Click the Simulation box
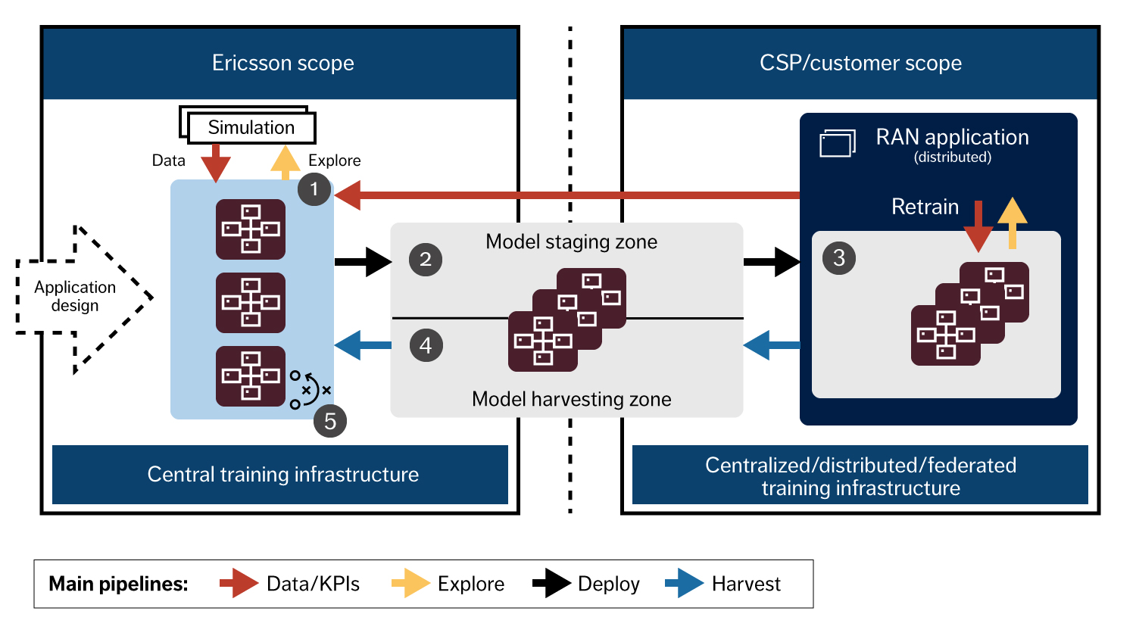click(x=251, y=127)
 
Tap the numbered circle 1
click(x=314, y=189)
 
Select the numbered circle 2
click(x=426, y=260)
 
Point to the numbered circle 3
click(x=839, y=258)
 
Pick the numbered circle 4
click(x=426, y=346)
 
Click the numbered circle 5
click(x=330, y=422)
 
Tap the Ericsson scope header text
click(x=282, y=63)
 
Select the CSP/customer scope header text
click(x=860, y=63)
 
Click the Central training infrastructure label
click(x=282, y=475)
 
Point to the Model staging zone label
click(x=571, y=242)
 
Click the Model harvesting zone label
click(x=571, y=399)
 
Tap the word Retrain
click(x=925, y=207)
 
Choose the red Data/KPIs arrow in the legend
click(x=239, y=583)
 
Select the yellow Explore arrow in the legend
click(x=410, y=583)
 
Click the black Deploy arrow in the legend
click(x=551, y=583)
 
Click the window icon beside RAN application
click(x=837, y=143)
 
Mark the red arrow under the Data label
click(x=216, y=163)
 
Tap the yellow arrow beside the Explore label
click(x=285, y=161)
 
